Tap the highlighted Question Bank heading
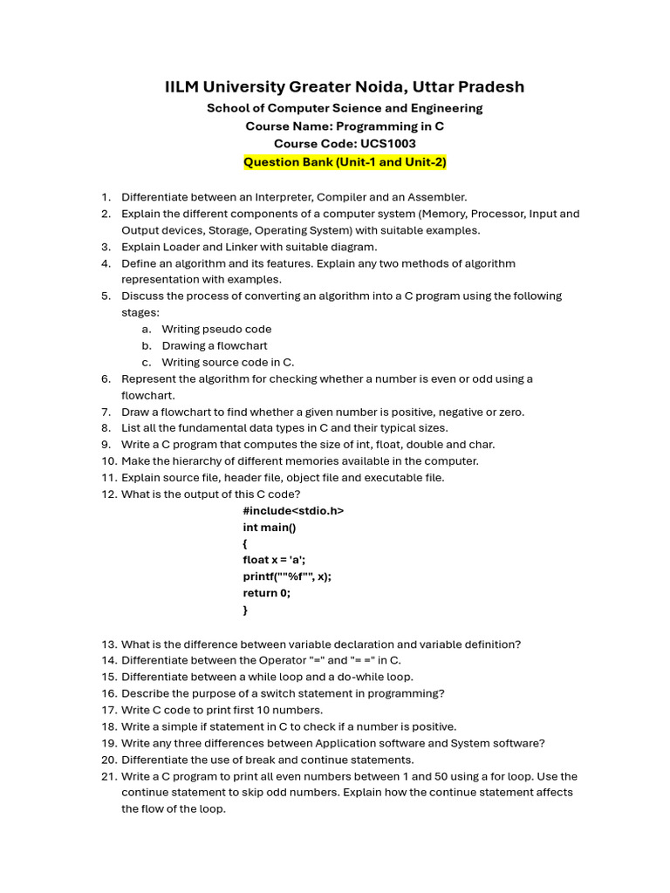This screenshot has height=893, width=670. coord(345,162)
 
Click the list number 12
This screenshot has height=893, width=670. coord(108,494)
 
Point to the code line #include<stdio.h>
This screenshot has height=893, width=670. coord(293,511)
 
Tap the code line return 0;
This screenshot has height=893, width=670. coord(267,593)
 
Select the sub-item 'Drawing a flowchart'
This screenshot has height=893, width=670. coord(215,346)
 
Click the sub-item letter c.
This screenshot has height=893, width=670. coord(146,363)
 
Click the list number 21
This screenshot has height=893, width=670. coord(108,776)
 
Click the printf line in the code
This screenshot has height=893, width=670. coord(287,576)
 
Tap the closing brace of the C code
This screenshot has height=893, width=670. coord(246,610)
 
